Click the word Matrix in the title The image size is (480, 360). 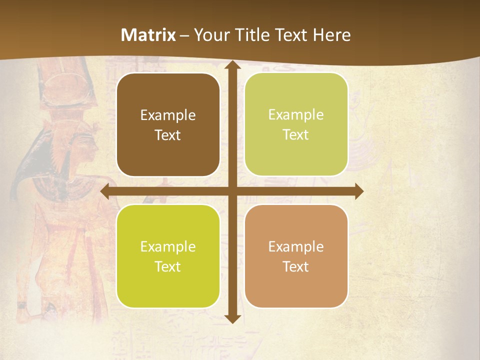tap(148, 35)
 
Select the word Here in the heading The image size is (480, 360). tap(331, 35)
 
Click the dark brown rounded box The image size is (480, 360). tap(168, 125)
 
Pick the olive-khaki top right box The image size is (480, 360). tap(296, 124)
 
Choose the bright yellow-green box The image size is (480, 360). tap(168, 256)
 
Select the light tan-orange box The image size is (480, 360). tap(296, 256)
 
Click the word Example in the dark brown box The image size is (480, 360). tap(168, 115)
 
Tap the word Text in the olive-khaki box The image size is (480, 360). tap(296, 135)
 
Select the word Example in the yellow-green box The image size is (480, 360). tap(168, 246)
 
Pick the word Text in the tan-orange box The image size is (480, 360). tap(296, 266)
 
